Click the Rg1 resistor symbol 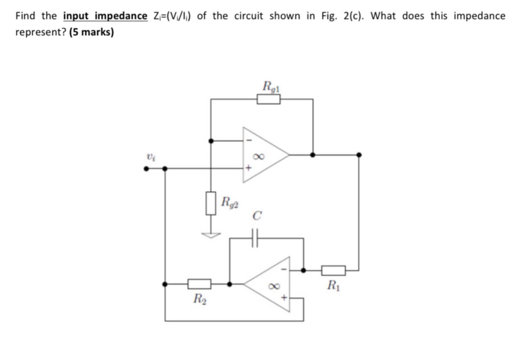point(269,99)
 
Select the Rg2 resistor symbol point(211,203)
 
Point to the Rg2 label point(230,202)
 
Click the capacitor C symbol point(255,238)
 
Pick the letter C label point(257,216)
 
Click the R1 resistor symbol point(333,271)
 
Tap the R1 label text point(333,285)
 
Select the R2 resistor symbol point(199,284)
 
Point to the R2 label point(199,298)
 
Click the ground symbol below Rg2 point(211,235)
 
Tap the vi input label point(151,157)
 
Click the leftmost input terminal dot point(146,168)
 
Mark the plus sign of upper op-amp point(247,168)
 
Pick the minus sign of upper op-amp point(247,141)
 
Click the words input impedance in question point(105,16)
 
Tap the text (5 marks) point(91,32)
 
